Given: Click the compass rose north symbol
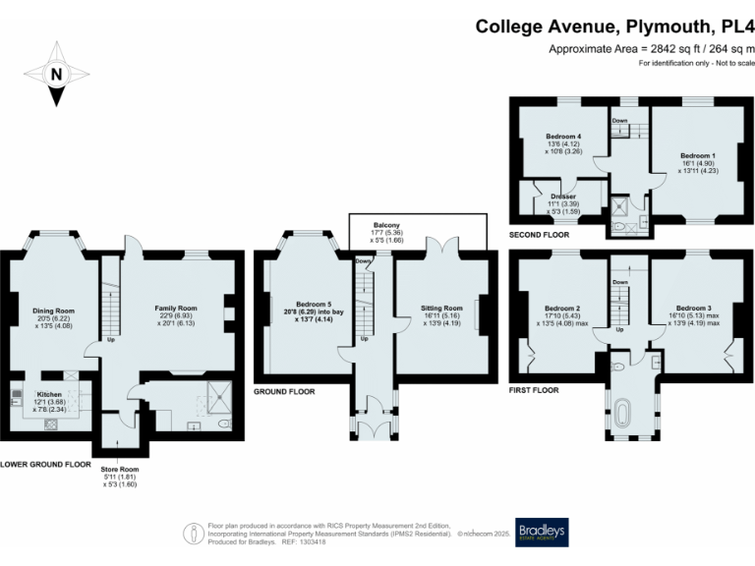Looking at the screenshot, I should point(57,74).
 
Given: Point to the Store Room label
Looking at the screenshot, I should point(116,469).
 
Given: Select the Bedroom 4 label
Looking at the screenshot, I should point(563,137).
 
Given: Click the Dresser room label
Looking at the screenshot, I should point(563,197).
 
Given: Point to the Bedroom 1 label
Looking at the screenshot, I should point(698,156).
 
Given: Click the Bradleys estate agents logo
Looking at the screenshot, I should point(542,532).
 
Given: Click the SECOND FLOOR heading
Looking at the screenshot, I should point(540,236).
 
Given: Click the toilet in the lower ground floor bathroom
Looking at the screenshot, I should point(224,424).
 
